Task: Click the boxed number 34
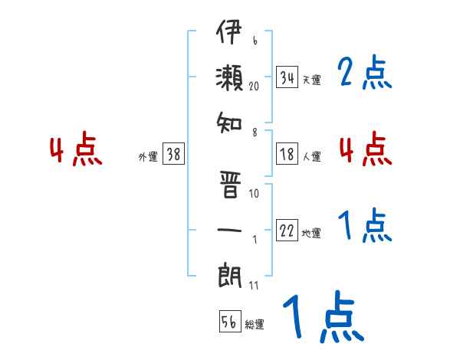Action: coord(287,77)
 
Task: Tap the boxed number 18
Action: coord(287,154)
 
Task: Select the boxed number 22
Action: coord(287,231)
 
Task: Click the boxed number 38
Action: coord(173,155)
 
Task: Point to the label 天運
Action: coord(311,80)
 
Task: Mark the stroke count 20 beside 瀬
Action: coord(254,87)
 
